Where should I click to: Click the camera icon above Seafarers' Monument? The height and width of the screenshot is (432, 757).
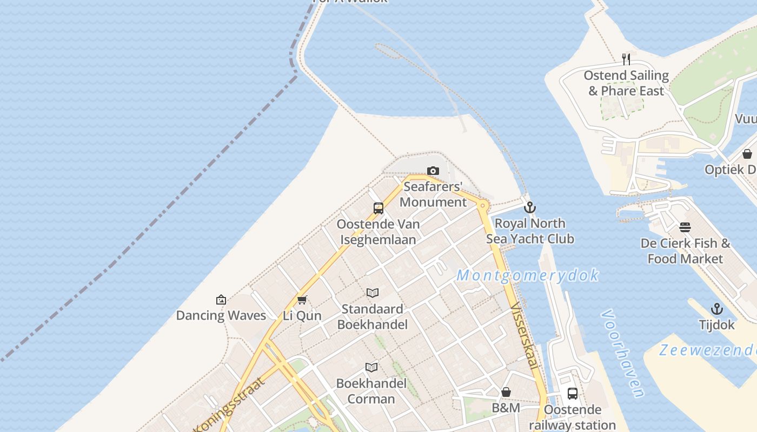(x=433, y=171)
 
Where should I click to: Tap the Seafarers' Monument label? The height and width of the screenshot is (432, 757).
(x=433, y=195)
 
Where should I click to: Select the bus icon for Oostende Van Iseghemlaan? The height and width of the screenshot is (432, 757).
(x=378, y=208)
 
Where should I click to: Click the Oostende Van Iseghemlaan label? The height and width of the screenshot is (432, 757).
(x=377, y=232)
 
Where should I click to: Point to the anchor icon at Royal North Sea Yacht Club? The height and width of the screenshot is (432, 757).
(x=530, y=207)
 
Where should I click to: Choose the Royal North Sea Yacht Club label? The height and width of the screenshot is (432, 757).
(x=530, y=231)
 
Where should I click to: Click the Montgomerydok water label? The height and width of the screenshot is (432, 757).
(x=528, y=275)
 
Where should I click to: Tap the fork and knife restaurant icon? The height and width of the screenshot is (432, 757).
(x=626, y=59)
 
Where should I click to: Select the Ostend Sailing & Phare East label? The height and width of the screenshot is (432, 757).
(x=626, y=83)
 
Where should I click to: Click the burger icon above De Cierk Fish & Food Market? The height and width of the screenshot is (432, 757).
(x=685, y=227)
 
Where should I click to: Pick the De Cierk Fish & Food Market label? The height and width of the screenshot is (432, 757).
(x=685, y=251)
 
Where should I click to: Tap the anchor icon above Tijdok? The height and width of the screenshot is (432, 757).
(x=717, y=309)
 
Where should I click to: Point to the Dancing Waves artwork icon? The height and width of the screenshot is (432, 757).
(x=221, y=300)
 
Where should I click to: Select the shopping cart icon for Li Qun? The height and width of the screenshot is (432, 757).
(x=302, y=300)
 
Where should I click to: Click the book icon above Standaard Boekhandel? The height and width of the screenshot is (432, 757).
(x=373, y=293)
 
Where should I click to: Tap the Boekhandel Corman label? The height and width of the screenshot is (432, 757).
(x=371, y=391)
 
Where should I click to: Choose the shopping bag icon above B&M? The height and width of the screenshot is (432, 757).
(x=506, y=392)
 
